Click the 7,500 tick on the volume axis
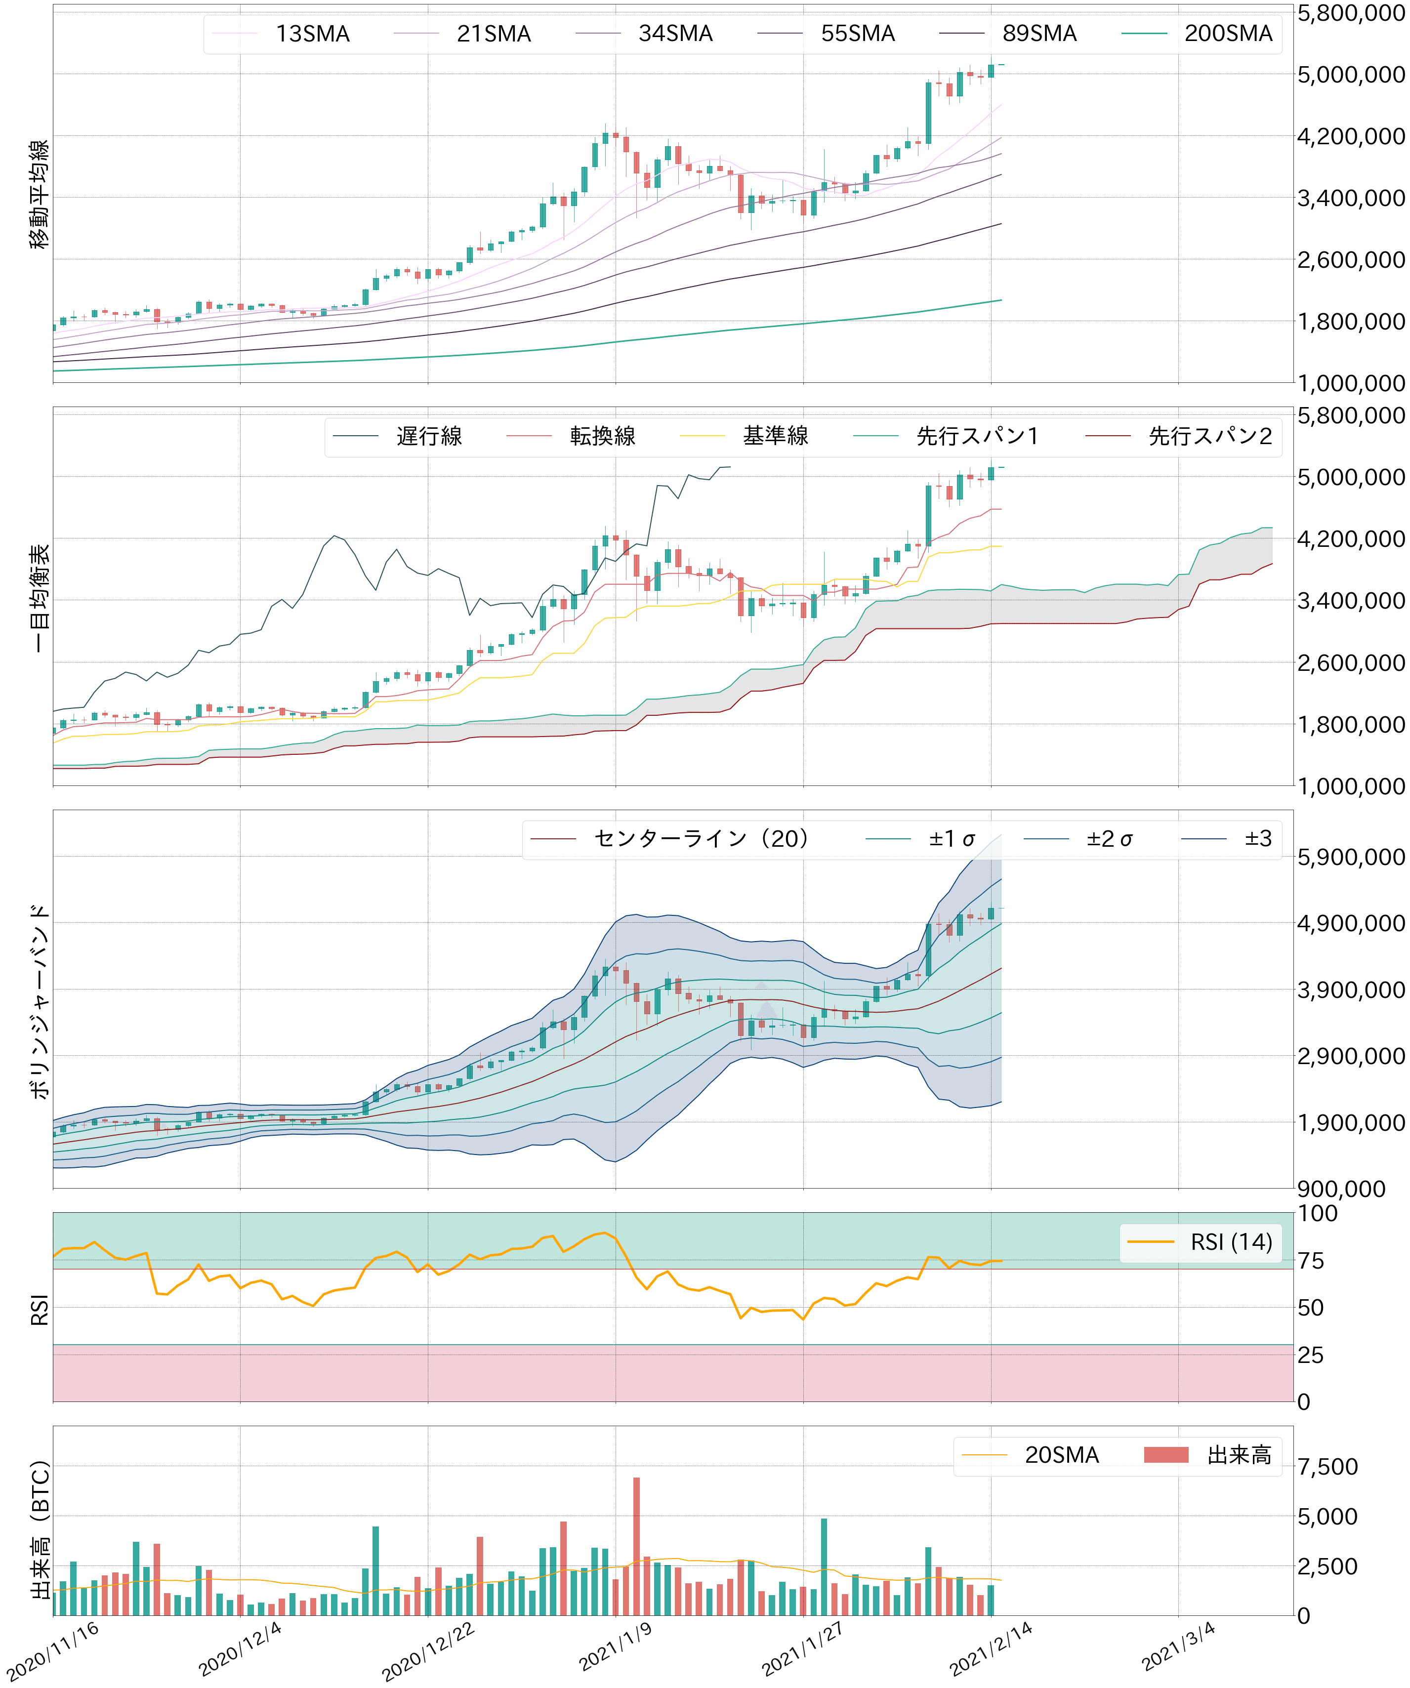[x=1327, y=1467]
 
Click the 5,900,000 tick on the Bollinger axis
[x=1351, y=858]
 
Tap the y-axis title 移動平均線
[x=39, y=194]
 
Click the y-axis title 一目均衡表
[x=39, y=597]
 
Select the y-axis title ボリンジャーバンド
[x=39, y=1001]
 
